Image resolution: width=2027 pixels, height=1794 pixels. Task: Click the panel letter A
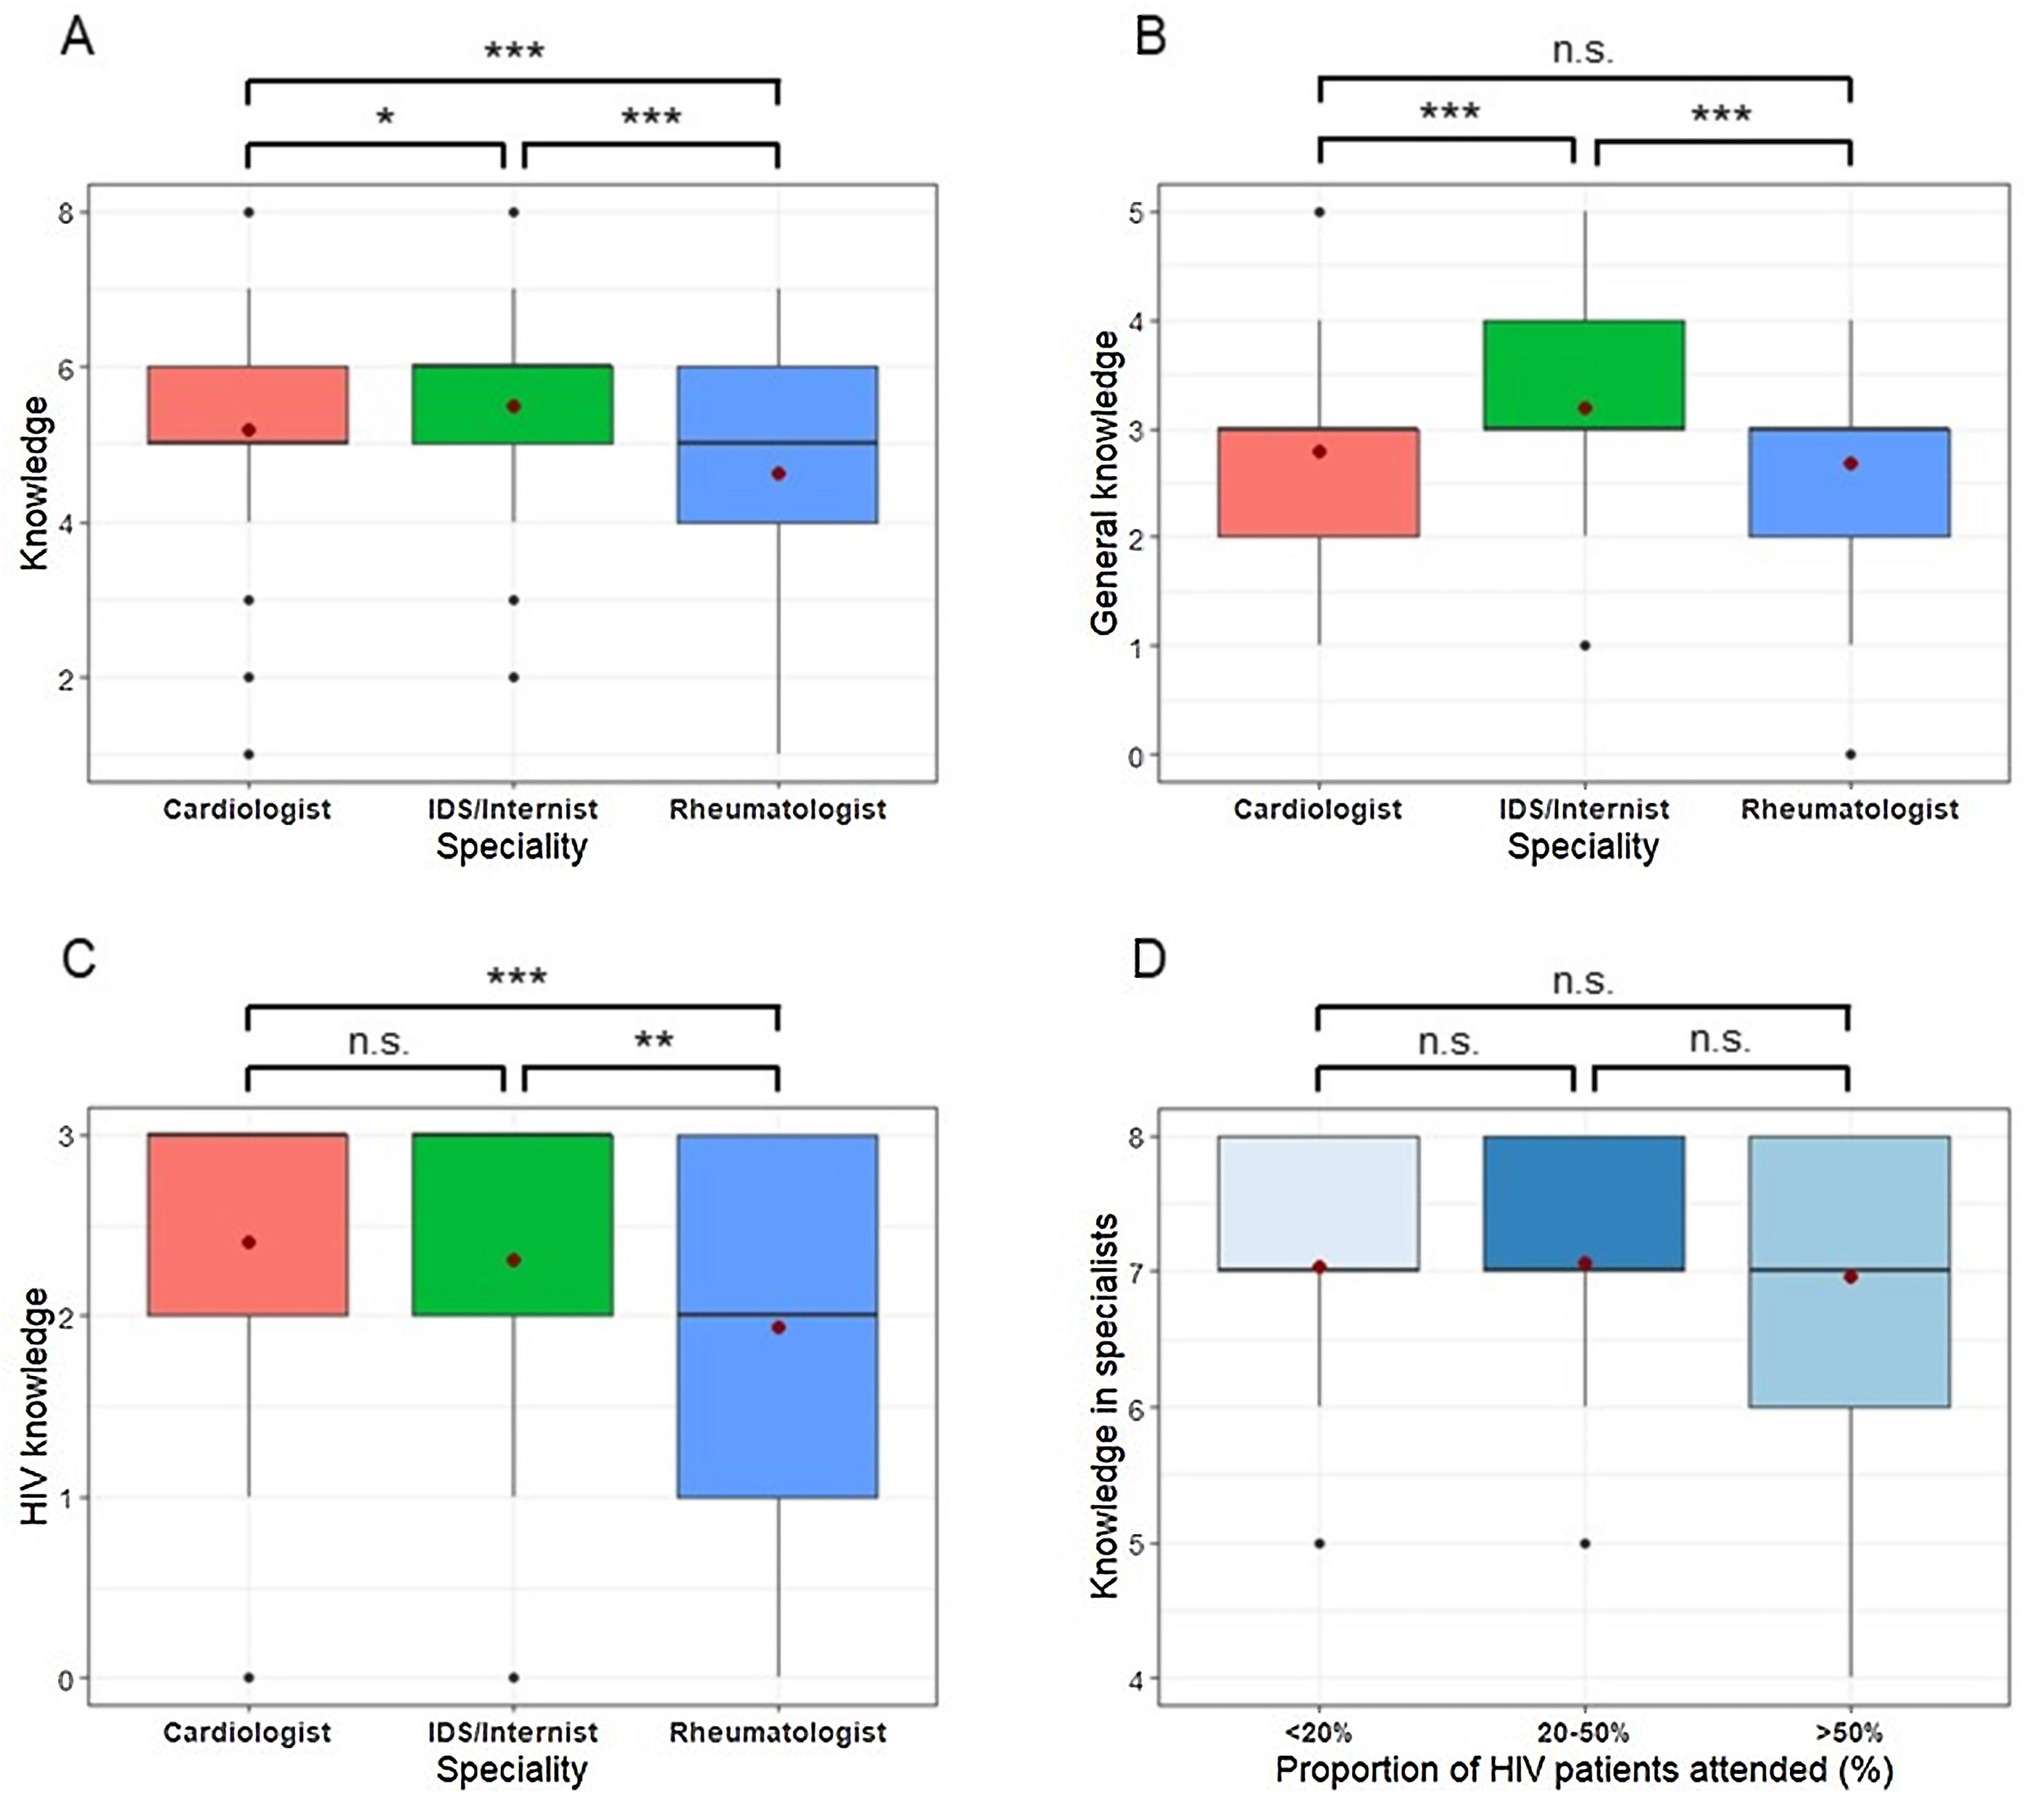pyautogui.click(x=78, y=39)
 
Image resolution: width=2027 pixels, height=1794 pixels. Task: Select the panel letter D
pyautogui.click(x=1150, y=961)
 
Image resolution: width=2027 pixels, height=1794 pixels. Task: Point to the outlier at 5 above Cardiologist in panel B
pyautogui.click(x=1320, y=212)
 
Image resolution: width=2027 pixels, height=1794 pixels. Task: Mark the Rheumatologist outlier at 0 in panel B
pyautogui.click(x=1850, y=754)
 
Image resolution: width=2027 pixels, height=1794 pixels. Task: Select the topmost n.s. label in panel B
pyautogui.click(x=1583, y=51)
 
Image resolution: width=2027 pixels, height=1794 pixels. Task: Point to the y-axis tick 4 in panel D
pyautogui.click(x=1137, y=1679)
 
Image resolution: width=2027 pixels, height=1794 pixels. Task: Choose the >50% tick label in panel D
pyautogui.click(x=1850, y=1732)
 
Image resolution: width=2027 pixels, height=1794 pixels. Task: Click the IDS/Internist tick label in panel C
pyautogui.click(x=513, y=1732)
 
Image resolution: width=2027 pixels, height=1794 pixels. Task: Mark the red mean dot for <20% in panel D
pyautogui.click(x=1320, y=1267)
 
